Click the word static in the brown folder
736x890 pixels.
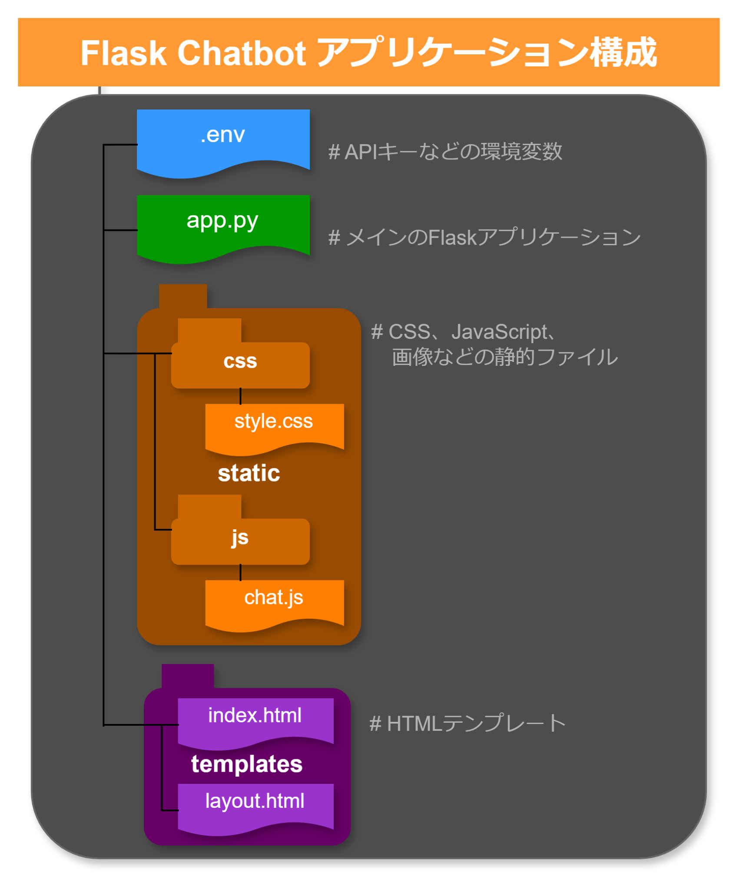[249, 473]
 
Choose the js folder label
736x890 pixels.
[240, 538]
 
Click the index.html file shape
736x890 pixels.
[255, 719]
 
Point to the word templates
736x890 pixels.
[246, 764]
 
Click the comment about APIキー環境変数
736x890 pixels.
[445, 152]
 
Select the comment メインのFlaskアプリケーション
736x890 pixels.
[484, 237]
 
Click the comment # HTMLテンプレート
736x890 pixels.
[467, 724]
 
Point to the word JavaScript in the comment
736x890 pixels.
[499, 332]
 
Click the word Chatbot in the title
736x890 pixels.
[242, 53]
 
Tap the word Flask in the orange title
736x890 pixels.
[123, 53]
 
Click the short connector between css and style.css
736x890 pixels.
[240, 396]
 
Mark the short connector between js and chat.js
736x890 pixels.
[240, 572]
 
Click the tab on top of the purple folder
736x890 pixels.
[188, 676]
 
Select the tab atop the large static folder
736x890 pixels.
[183, 296]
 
